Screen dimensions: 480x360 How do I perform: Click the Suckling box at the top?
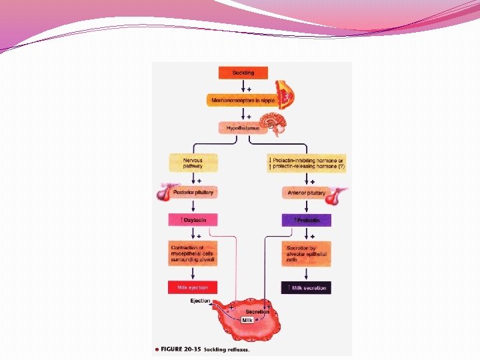coord(243,72)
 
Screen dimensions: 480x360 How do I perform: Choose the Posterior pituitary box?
coord(193,193)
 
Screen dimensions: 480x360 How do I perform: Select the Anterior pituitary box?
coord(306,193)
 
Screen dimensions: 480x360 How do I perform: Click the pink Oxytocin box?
coord(193,219)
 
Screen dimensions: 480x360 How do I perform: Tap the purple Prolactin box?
coord(306,219)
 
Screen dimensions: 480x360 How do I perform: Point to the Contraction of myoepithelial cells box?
coord(193,255)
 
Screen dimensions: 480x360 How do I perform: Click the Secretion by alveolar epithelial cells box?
coord(306,255)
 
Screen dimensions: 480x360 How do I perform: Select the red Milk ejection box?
coord(193,287)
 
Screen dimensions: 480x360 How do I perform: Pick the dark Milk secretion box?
coord(306,287)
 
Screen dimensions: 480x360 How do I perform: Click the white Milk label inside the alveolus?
coord(247,320)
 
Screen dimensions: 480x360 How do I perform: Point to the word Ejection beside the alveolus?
coord(200,301)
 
